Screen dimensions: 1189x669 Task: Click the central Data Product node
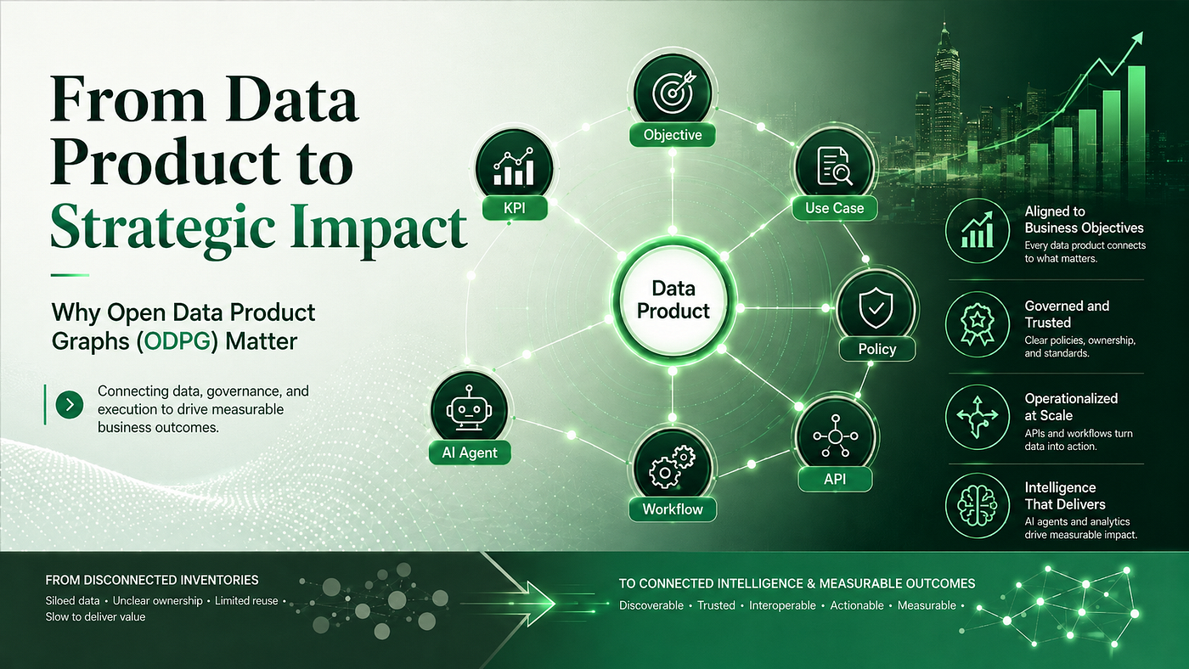[x=673, y=300]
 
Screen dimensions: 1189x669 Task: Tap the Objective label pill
[x=672, y=135]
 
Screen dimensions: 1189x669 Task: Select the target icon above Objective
[x=673, y=93]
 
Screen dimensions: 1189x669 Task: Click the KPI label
[x=515, y=207]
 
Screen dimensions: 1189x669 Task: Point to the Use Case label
[x=834, y=208]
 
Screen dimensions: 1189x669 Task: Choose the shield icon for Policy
[x=876, y=307]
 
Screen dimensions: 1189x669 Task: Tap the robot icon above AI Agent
[x=469, y=408]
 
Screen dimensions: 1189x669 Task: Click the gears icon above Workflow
[x=672, y=467]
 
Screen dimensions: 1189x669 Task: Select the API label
[x=834, y=479]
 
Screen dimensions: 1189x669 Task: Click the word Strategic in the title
[x=162, y=226]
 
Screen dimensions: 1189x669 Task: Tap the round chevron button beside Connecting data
[x=70, y=405]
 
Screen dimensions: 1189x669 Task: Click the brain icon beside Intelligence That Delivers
[x=978, y=506]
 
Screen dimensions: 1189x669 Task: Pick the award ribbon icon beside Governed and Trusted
[x=978, y=324]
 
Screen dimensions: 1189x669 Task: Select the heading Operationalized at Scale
[x=1071, y=407]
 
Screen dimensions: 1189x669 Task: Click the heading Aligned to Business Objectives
[x=1084, y=220]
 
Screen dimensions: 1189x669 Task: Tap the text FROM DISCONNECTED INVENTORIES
[x=152, y=580]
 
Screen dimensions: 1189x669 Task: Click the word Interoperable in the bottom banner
[x=782, y=605]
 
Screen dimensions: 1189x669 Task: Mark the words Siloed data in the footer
[x=72, y=600]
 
